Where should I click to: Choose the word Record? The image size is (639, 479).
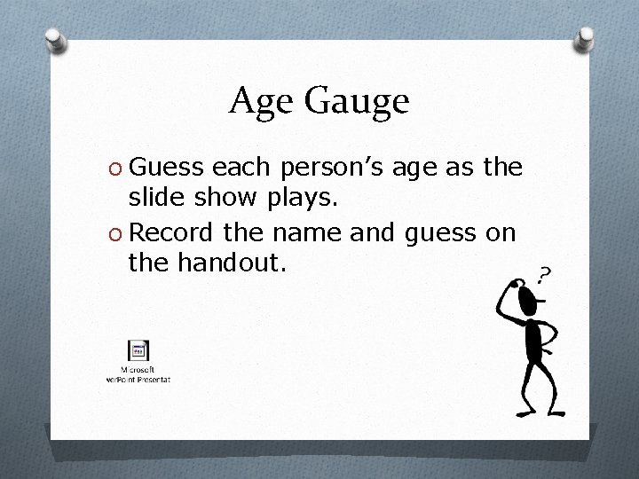click(x=175, y=232)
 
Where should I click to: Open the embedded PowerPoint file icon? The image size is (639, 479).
click(x=138, y=350)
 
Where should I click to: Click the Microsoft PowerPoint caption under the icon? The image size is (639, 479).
click(x=138, y=373)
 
